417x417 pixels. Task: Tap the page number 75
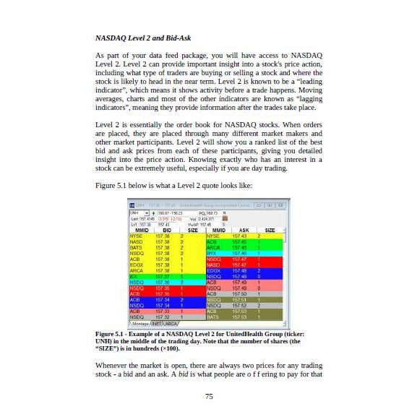[x=208, y=396]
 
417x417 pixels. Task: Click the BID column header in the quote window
[x=167, y=230]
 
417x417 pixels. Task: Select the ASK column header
[x=244, y=230]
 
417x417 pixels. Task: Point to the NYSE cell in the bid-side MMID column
[x=137, y=236]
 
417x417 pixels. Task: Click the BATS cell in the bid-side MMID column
[x=136, y=247]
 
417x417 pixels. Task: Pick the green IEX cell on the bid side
[x=134, y=276]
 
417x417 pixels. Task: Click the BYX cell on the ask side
[x=212, y=253]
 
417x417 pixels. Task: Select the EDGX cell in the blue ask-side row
[x=214, y=270]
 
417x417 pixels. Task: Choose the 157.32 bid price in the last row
[x=163, y=317]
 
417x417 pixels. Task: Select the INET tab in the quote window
[x=158, y=323]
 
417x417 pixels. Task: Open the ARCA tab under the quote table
[x=171, y=323]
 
